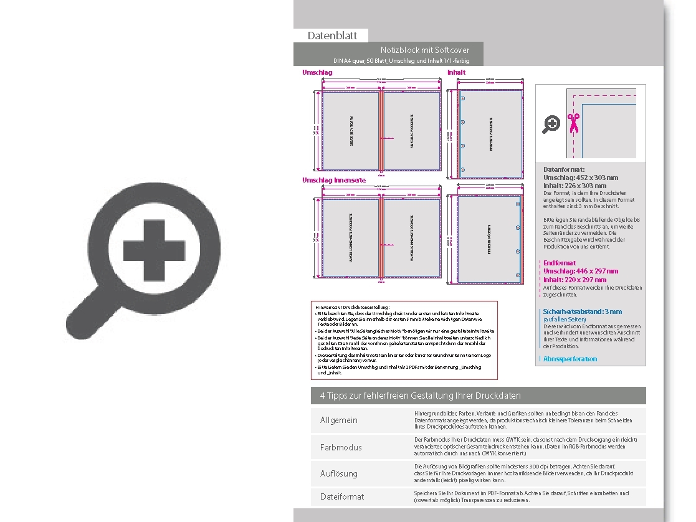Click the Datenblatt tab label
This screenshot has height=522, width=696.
click(332, 36)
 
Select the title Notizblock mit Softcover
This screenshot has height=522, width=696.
click(425, 50)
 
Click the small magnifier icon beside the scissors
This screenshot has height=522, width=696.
click(551, 125)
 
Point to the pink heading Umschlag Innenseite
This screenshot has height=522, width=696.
click(333, 181)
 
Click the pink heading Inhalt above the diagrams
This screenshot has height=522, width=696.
click(456, 73)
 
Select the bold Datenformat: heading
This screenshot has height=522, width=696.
click(564, 169)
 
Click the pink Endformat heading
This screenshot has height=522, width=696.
click(560, 263)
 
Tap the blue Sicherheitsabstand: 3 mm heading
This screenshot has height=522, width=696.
click(582, 311)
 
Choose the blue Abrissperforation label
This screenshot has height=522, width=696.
click(570, 359)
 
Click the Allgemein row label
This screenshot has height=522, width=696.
click(339, 420)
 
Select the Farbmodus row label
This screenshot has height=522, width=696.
click(341, 447)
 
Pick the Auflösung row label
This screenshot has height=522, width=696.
click(339, 473)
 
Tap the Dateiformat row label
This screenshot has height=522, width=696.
click(342, 496)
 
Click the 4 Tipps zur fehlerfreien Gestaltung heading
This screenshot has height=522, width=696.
click(420, 396)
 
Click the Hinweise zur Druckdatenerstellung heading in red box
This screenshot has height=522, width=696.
click(353, 307)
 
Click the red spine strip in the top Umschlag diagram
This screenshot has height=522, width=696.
click(381, 131)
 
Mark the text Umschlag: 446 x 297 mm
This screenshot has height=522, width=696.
click(581, 272)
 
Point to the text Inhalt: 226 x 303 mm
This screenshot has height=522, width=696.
click(574, 186)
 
